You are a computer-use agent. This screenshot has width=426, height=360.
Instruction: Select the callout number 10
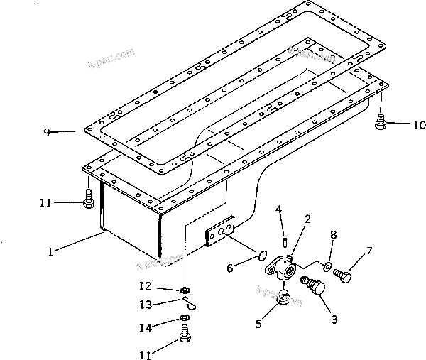pyautogui.click(x=420, y=126)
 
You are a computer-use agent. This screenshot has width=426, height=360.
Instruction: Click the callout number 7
pyautogui.click(x=368, y=251)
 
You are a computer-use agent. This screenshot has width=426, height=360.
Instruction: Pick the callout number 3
pyautogui.click(x=333, y=320)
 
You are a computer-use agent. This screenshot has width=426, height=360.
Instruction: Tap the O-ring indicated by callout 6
pyautogui.click(x=261, y=256)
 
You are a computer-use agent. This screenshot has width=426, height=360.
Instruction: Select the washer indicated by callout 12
pyautogui.click(x=185, y=290)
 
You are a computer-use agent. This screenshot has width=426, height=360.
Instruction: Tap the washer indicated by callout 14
pyautogui.click(x=184, y=317)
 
